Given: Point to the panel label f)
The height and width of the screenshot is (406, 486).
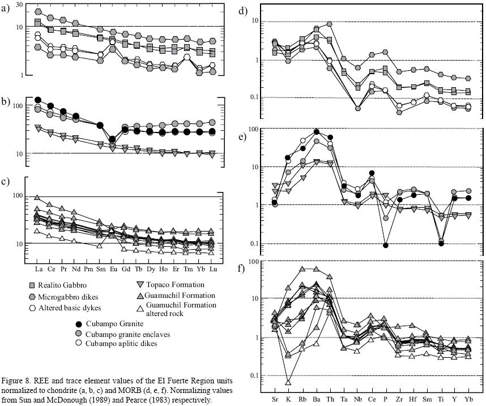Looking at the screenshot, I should click(241, 268).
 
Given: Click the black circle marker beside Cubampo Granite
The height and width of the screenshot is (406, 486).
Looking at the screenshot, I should click(79, 324).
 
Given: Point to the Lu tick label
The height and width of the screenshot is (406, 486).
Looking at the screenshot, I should click(212, 268).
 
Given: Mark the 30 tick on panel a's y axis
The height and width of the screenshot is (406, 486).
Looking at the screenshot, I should click(19, 5).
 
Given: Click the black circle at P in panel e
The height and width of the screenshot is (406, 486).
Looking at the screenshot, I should click(386, 245).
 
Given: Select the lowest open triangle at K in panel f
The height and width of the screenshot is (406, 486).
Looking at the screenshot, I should click(288, 382).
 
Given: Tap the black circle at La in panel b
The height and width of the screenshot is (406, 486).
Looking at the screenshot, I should click(38, 100).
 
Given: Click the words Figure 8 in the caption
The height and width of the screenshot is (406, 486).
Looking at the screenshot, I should click(19, 379).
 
